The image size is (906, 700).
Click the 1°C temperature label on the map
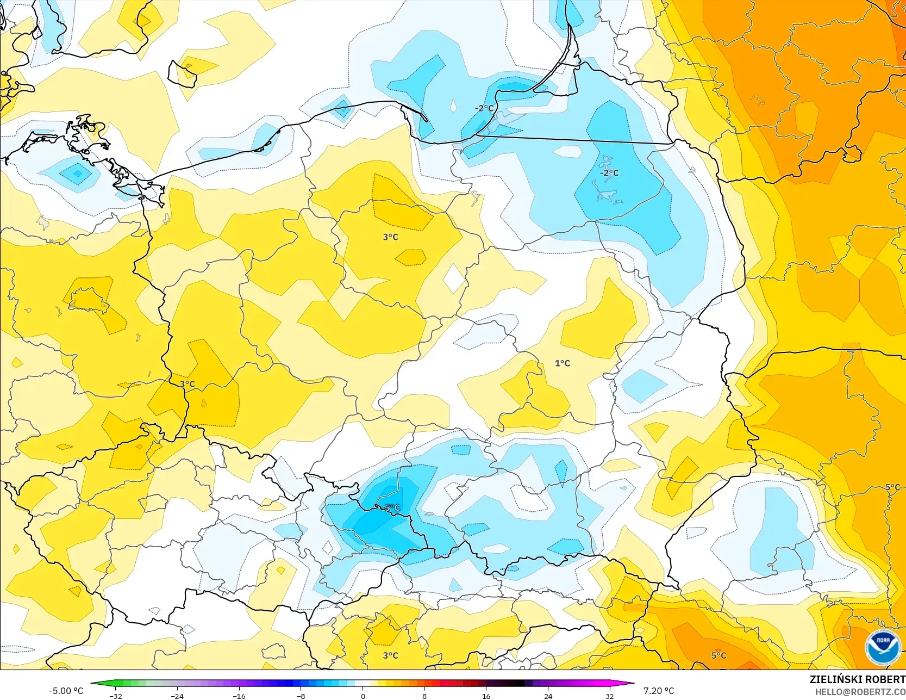pyautogui.click(x=563, y=363)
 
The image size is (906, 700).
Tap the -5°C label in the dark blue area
pyautogui.click(x=391, y=508)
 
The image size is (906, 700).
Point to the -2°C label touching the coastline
pyautogui.click(x=484, y=108)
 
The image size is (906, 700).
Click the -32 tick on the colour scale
pyautogui.click(x=115, y=696)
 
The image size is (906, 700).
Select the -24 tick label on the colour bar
pyautogui.click(x=177, y=696)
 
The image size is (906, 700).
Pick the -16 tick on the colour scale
pyautogui.click(x=239, y=696)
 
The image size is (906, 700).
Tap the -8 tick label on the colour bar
pyautogui.click(x=301, y=696)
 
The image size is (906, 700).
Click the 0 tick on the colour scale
pyautogui.click(x=363, y=696)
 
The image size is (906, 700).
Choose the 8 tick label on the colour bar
pyautogui.click(x=424, y=696)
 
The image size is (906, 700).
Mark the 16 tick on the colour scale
pyautogui.click(x=486, y=696)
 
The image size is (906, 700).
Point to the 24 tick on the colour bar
pyautogui.click(x=548, y=696)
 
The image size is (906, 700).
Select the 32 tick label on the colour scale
pyautogui.click(x=610, y=696)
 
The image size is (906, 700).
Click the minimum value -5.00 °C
pyautogui.click(x=66, y=691)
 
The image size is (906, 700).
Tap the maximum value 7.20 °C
pyautogui.click(x=659, y=691)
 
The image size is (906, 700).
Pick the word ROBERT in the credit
pyautogui.click(x=885, y=679)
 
